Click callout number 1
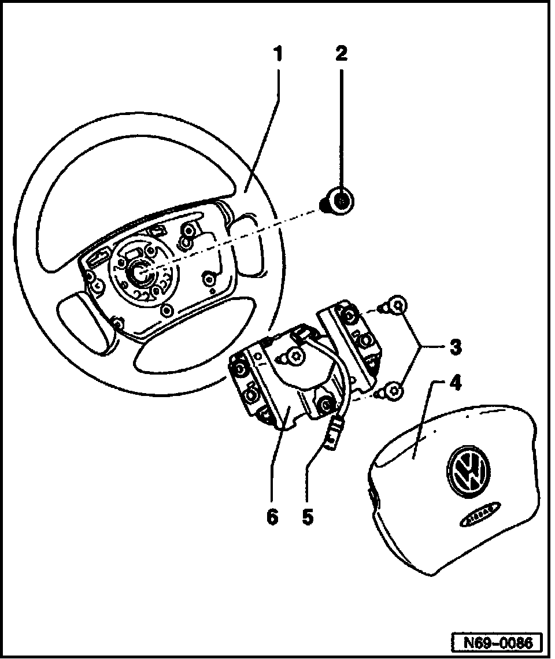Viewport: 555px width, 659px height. (x=278, y=55)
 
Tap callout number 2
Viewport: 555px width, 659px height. (x=341, y=55)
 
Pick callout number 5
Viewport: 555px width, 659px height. (x=308, y=516)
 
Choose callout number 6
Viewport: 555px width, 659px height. (x=272, y=516)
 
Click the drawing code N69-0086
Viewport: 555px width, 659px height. (x=497, y=642)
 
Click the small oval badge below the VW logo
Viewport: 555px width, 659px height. (x=477, y=516)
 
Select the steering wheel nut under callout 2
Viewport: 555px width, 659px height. (x=339, y=202)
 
